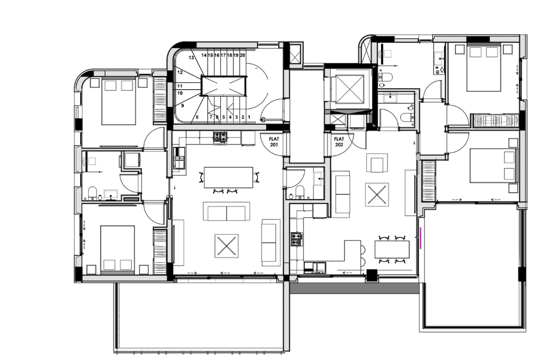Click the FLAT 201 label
(274, 142)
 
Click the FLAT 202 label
(339, 142)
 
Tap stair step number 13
(191, 57)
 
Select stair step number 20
(243, 55)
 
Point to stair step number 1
(249, 117)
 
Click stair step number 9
(183, 106)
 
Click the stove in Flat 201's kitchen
(220, 138)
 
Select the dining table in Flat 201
(228, 177)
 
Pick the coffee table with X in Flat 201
(226, 246)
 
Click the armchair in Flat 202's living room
(377, 163)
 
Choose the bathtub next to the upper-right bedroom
(495, 120)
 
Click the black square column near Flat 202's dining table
(372, 275)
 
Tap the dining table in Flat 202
(392, 249)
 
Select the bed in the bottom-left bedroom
(117, 250)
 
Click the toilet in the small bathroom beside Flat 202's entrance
(299, 191)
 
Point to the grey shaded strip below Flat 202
(355, 288)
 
